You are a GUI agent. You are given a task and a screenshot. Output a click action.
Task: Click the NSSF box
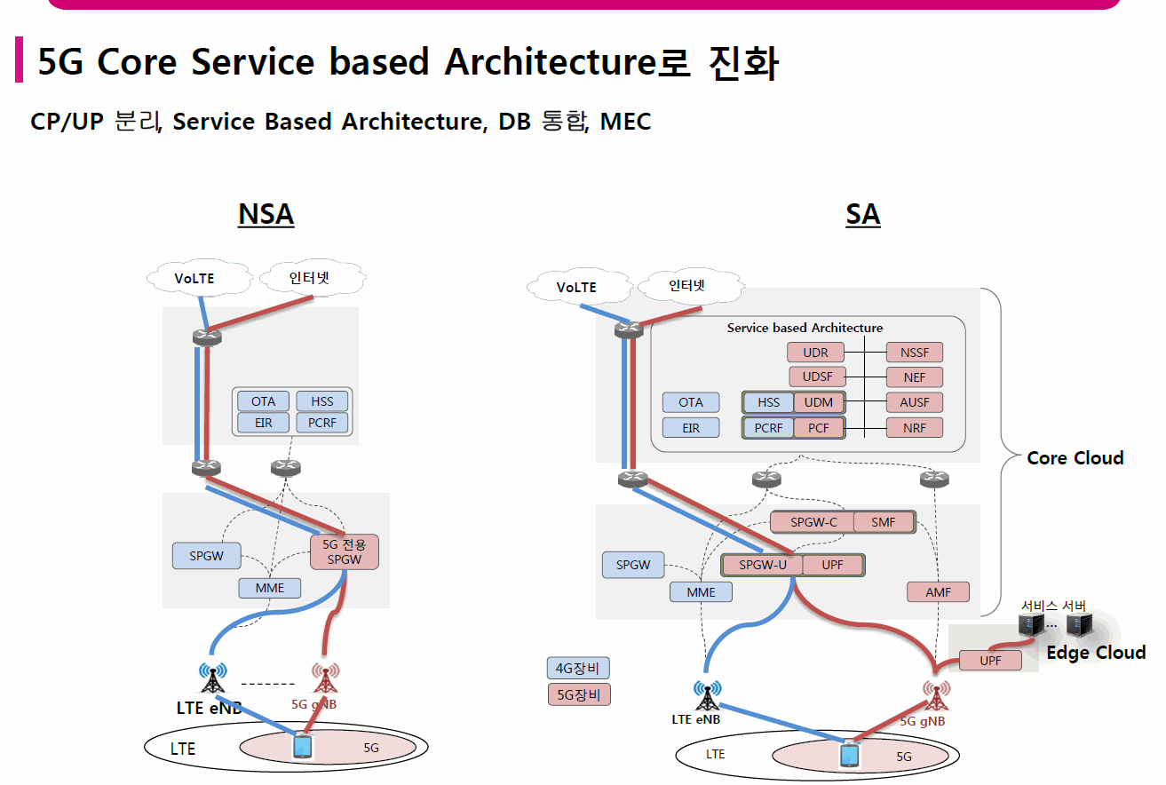(915, 353)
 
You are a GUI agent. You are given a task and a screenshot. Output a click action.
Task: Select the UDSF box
(817, 377)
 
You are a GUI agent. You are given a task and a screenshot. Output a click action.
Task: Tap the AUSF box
(915, 402)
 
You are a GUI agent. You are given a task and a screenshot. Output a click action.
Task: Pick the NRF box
(915, 428)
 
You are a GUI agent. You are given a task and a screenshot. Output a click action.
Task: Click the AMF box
(938, 592)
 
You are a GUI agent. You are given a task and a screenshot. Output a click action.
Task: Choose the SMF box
(884, 522)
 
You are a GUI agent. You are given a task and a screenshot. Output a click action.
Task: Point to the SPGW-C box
(813, 522)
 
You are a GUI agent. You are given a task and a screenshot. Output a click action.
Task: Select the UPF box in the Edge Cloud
(990, 661)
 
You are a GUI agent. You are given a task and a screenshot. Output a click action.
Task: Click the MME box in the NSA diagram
(270, 588)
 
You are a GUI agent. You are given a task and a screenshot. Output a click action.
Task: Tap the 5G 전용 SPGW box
(344, 551)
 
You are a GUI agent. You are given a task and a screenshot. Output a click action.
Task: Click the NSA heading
(266, 214)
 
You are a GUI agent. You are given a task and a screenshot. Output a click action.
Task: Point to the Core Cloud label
(1075, 458)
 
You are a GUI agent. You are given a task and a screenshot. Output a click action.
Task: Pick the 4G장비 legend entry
(578, 668)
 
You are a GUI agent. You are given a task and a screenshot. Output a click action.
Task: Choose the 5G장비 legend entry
(579, 695)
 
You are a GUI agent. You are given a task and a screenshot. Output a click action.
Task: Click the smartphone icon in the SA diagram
(850, 756)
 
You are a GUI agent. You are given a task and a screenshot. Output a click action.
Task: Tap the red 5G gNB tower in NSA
(325, 678)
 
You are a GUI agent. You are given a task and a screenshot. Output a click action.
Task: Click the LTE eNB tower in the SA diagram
(708, 695)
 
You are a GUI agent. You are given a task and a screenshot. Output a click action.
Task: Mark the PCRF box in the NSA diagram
(321, 423)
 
